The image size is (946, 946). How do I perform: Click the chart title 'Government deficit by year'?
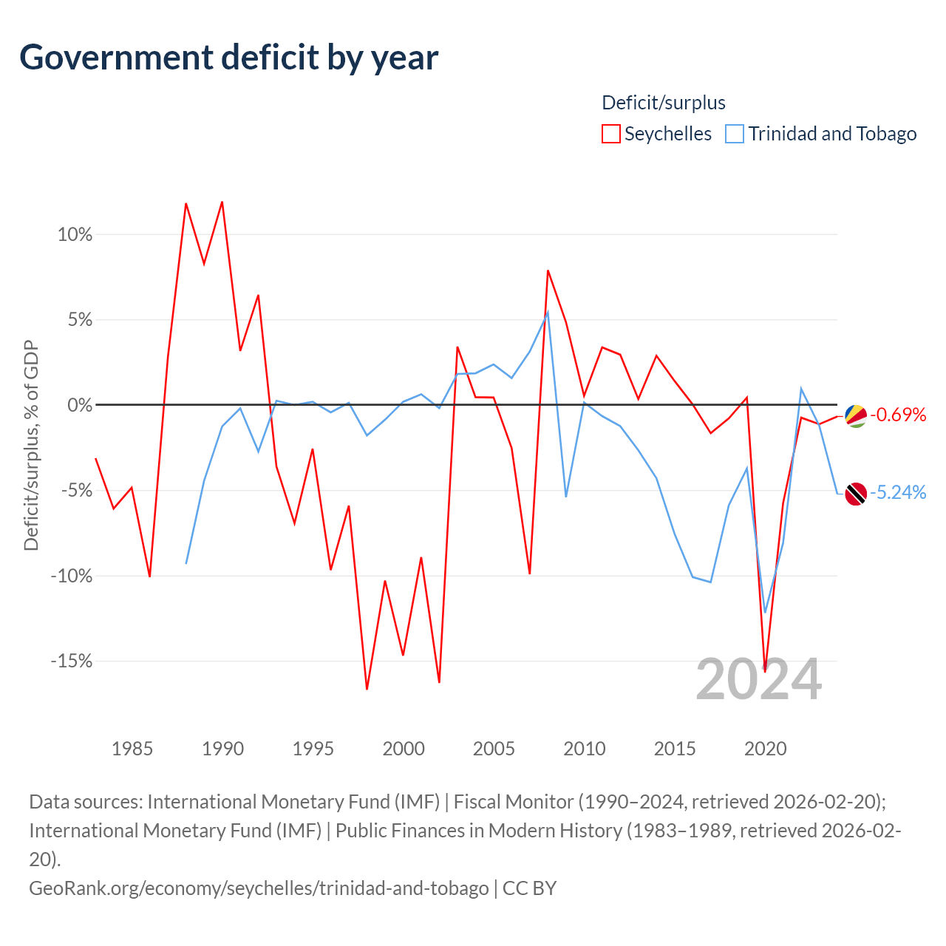point(229,58)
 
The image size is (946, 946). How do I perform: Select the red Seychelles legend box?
point(610,134)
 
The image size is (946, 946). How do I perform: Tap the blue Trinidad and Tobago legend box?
point(735,134)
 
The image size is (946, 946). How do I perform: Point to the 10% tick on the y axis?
point(75,235)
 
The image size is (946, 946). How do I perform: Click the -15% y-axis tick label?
point(72,661)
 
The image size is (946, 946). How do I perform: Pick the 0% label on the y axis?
point(80,405)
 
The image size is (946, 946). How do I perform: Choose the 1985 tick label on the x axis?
point(132,749)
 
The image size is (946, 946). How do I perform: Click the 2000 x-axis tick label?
point(404,749)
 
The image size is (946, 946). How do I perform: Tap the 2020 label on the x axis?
point(765,749)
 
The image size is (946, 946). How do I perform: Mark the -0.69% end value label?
point(898,415)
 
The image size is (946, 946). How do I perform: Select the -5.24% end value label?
point(898,492)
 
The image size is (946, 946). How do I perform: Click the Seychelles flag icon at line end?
point(856,415)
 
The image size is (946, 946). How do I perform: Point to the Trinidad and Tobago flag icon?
point(856,494)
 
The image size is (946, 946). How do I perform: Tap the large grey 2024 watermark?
point(758,679)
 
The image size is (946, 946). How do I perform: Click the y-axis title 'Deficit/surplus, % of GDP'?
point(31,446)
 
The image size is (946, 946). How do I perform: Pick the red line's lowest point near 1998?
point(367,689)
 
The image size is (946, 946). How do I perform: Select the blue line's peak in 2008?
point(548,311)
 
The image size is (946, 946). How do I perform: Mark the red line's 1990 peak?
point(222,202)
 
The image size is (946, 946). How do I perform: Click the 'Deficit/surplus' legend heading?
point(664,103)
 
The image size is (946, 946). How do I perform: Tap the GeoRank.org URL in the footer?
point(259,888)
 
